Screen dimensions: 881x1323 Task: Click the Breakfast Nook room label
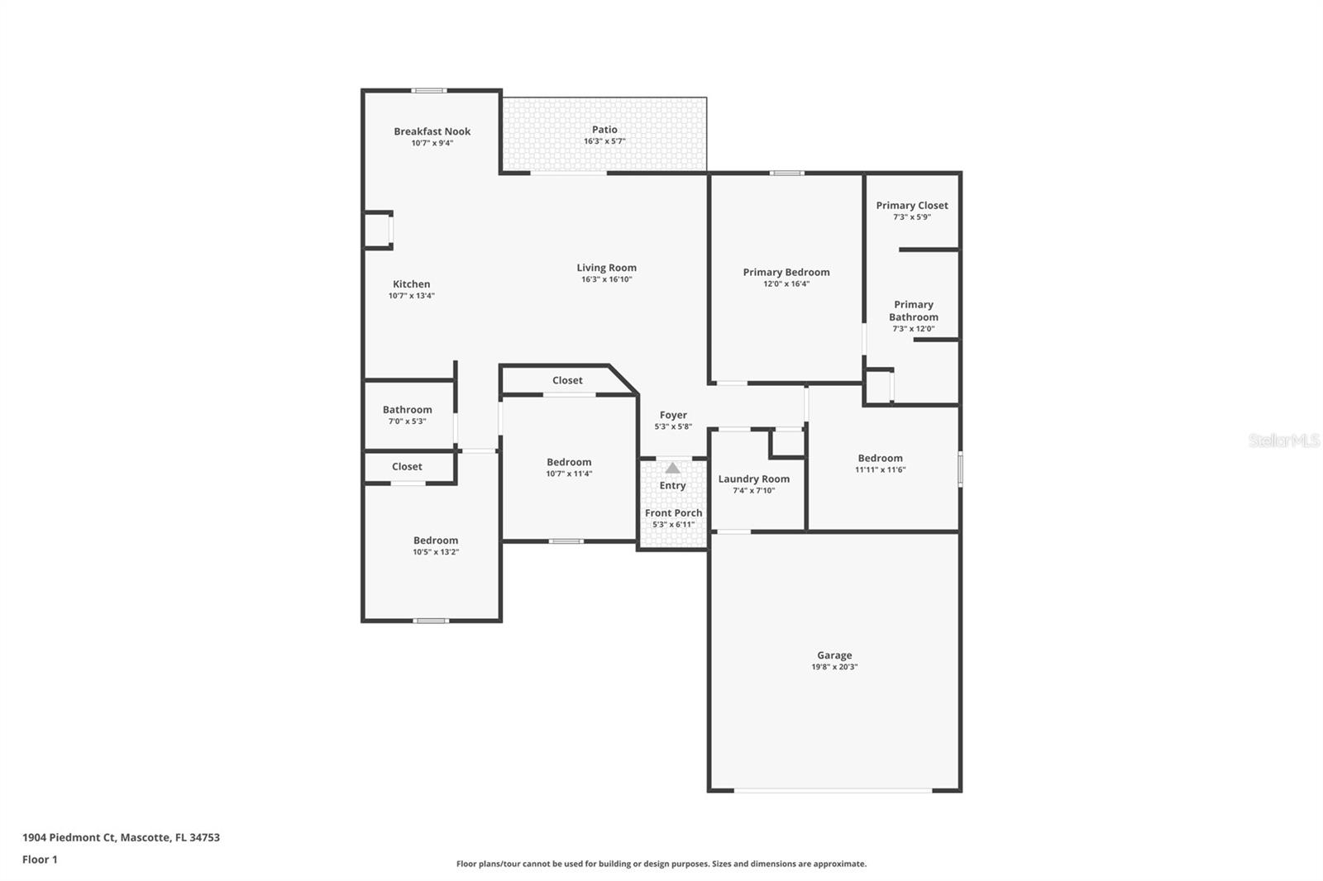(432, 131)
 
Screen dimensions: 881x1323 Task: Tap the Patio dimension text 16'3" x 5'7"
(604, 141)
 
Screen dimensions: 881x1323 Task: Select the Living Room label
(606, 268)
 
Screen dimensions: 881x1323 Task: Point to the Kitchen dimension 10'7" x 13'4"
(411, 296)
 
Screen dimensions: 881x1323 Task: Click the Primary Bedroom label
(786, 272)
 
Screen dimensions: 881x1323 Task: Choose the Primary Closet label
(912, 206)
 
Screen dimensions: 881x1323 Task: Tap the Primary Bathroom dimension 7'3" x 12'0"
(913, 329)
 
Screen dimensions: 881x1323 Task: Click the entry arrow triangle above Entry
(673, 469)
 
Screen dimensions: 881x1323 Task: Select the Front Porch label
(673, 513)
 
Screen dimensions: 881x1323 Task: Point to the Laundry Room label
(753, 479)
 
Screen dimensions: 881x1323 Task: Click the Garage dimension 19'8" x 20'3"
(834, 667)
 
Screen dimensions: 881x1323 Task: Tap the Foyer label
(673, 416)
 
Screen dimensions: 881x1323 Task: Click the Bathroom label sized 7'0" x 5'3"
(407, 410)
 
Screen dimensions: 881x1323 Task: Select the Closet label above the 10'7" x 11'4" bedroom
(567, 381)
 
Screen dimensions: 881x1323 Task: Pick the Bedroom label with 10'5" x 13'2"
(436, 541)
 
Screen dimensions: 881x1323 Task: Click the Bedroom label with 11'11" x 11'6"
(880, 459)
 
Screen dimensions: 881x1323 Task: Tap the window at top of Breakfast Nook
(429, 91)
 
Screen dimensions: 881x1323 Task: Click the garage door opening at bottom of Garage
(833, 791)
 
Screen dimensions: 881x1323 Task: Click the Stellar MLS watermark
(1283, 440)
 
